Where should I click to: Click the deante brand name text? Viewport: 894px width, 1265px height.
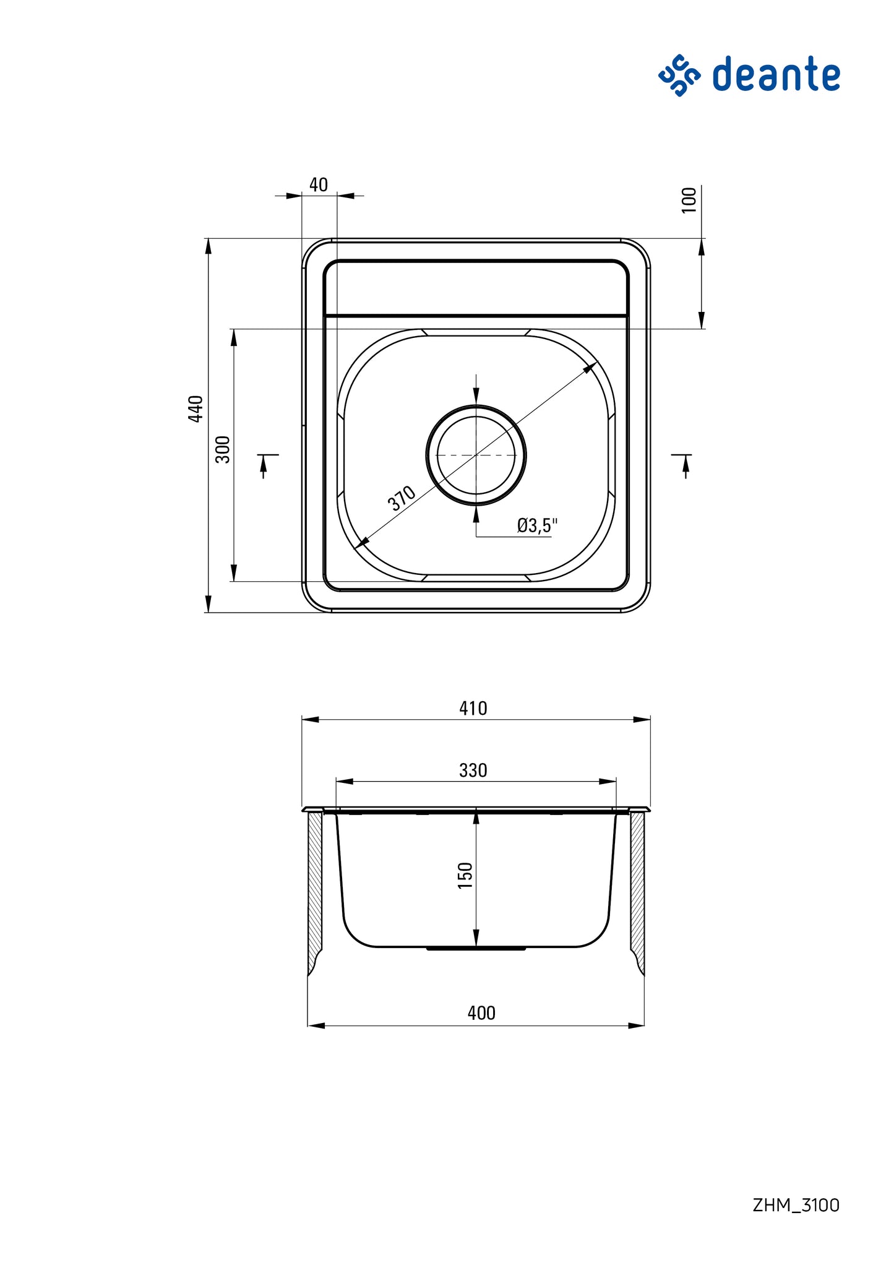[x=776, y=74]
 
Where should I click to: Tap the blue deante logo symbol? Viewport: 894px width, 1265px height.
[x=679, y=75]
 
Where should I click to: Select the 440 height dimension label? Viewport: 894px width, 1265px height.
[x=196, y=409]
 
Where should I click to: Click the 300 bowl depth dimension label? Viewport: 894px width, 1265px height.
[x=223, y=449]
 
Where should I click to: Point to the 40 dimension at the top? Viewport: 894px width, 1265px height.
[x=319, y=185]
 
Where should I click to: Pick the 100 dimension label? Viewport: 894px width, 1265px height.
[x=689, y=201]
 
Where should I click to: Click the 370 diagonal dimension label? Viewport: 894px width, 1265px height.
[x=402, y=498]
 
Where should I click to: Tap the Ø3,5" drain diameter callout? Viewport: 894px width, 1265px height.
[x=537, y=525]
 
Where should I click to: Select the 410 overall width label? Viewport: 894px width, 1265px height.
[x=473, y=708]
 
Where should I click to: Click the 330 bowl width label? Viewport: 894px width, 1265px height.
[x=473, y=770]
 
